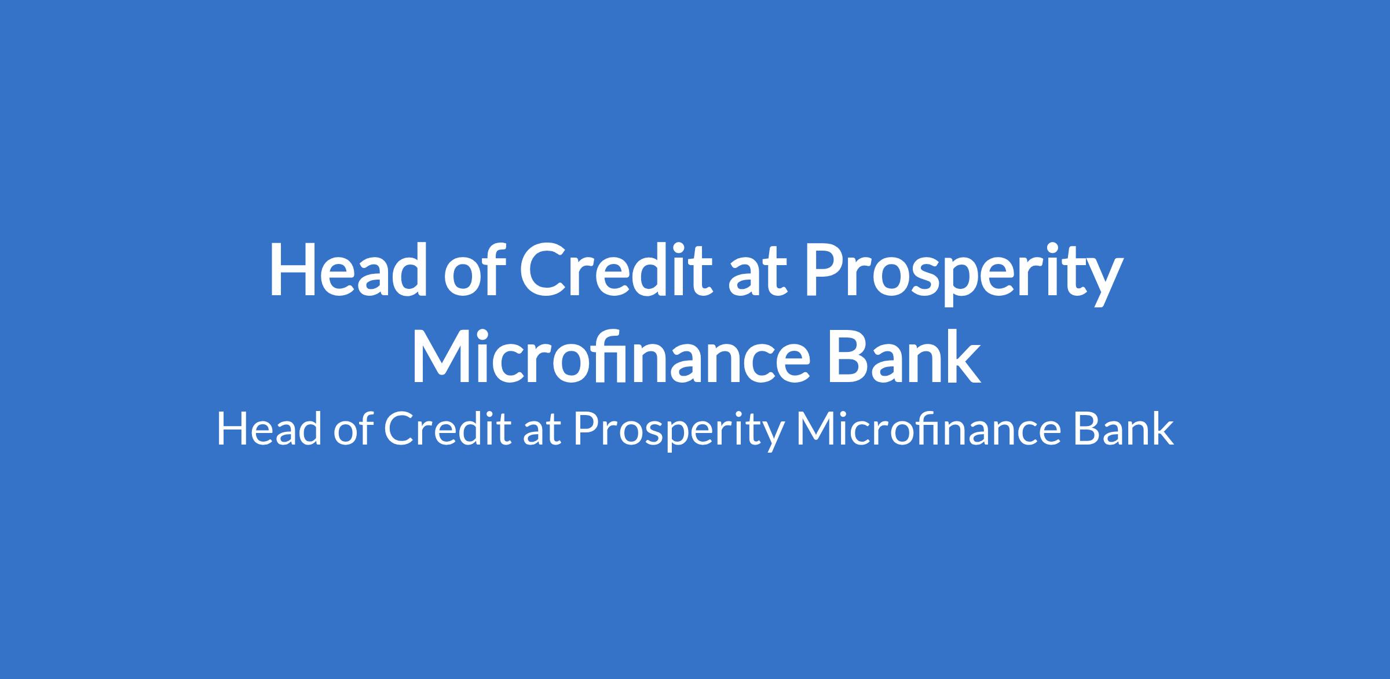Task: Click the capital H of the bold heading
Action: click(294, 270)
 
